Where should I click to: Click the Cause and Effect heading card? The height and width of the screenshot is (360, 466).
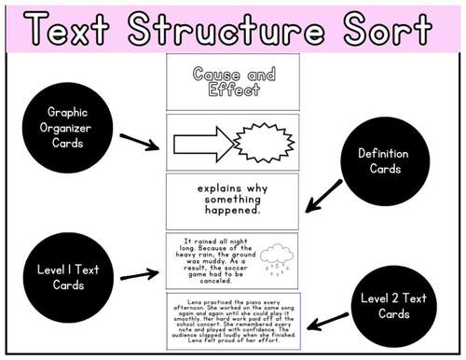pyautogui.click(x=233, y=82)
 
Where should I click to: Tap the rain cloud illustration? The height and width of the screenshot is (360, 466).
pyautogui.click(x=276, y=256)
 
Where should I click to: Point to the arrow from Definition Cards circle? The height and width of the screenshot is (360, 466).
pyautogui.click(x=325, y=194)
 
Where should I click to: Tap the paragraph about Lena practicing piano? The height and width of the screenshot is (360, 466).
pyautogui.click(x=232, y=322)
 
